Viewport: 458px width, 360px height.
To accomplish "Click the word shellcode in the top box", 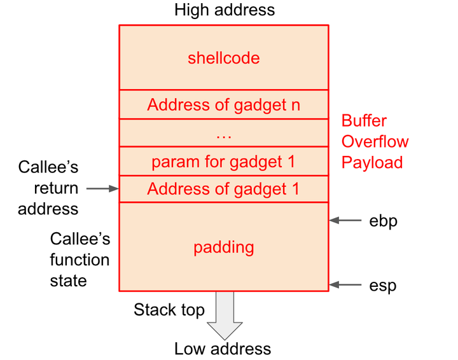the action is click(x=224, y=58).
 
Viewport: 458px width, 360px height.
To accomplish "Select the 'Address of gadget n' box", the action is click(x=224, y=104).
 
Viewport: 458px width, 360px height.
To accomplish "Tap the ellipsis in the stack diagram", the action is click(x=224, y=136).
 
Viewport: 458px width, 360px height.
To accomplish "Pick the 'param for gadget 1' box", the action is click(x=224, y=161).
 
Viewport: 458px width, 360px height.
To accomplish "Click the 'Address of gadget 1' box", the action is click(x=224, y=189).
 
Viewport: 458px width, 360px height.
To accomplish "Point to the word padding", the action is click(x=224, y=248).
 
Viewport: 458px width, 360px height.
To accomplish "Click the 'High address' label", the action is click(x=225, y=10).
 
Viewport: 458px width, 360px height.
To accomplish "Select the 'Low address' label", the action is click(x=223, y=349).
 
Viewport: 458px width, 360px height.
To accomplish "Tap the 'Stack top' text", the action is click(x=169, y=310).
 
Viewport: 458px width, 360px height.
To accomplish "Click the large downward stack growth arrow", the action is click(x=225, y=315).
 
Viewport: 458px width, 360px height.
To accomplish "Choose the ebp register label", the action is click(x=383, y=221).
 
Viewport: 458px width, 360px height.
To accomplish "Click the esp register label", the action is click(x=383, y=286).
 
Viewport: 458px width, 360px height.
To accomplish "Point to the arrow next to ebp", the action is click(x=345, y=220).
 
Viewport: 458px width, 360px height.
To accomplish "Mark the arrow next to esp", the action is click(x=345, y=285).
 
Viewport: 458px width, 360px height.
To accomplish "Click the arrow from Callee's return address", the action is click(x=102, y=189).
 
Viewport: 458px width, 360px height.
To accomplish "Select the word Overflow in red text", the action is click(x=375, y=142).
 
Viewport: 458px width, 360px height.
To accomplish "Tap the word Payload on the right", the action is click(x=372, y=163).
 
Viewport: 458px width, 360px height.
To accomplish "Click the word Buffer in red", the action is click(x=364, y=120).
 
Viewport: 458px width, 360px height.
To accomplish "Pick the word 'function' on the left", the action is click(x=80, y=260).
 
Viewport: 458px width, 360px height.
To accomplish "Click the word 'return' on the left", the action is click(x=56, y=188).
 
